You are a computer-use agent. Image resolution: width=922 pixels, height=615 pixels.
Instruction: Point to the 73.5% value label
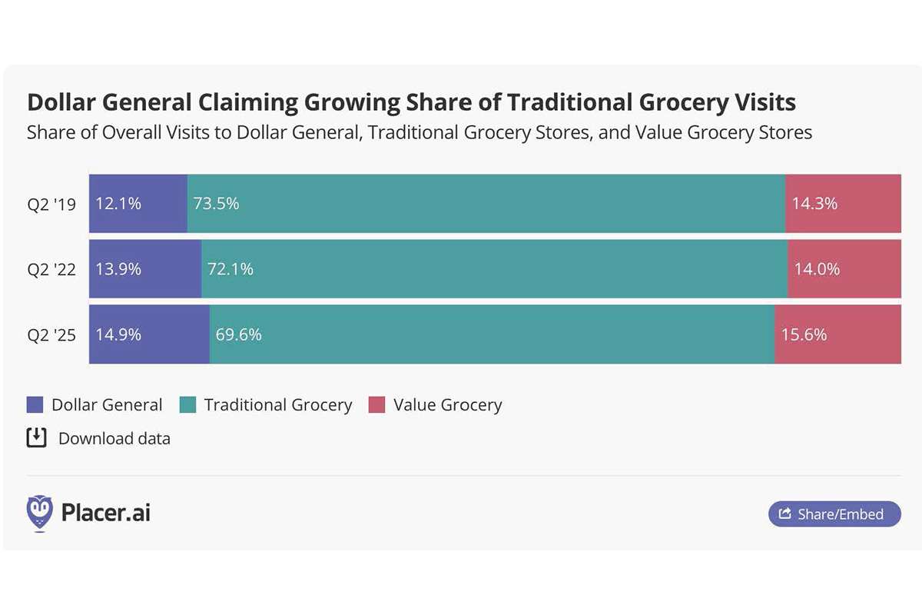click(216, 204)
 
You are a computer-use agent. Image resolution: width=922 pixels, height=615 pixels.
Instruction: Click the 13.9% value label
click(118, 269)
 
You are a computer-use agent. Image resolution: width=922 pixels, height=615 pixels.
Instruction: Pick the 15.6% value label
click(804, 334)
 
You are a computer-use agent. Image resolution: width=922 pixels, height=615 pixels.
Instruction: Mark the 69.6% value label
click(238, 334)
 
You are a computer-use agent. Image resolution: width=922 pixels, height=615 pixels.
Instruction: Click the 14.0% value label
click(817, 269)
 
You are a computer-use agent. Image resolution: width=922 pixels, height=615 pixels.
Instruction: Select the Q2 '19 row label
click(51, 204)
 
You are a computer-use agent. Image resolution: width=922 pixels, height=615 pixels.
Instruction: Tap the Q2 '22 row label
click(51, 270)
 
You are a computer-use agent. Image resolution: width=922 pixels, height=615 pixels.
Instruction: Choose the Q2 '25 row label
click(51, 335)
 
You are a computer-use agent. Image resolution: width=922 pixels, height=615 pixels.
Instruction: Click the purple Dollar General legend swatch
click(35, 405)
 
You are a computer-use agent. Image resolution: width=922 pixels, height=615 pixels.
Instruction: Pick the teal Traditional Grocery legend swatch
click(187, 405)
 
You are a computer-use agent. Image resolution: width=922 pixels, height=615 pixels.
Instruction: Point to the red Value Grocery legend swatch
click(376, 405)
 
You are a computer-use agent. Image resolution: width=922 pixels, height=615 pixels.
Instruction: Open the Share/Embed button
click(834, 514)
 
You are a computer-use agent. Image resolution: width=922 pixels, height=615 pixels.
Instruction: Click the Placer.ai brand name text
click(105, 513)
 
